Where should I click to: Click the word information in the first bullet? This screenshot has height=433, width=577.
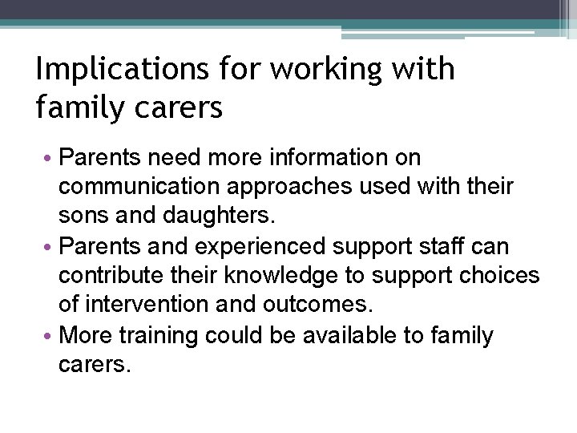337,157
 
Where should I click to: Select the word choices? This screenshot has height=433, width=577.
498,276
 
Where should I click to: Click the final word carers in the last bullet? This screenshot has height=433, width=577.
93,365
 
